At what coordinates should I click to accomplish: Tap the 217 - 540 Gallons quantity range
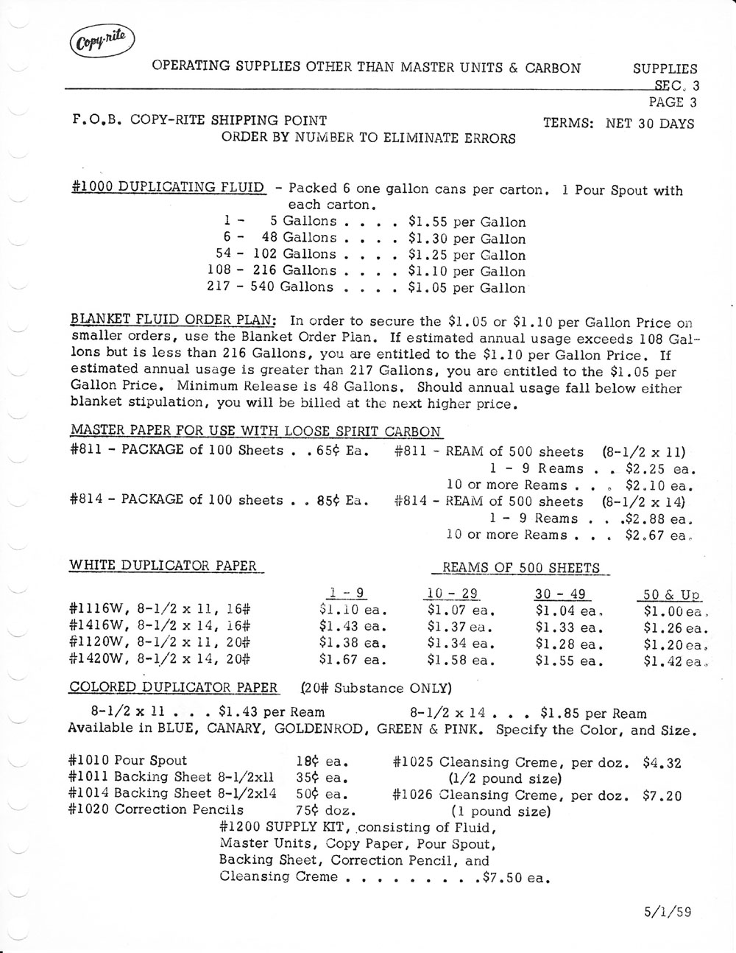tap(270, 287)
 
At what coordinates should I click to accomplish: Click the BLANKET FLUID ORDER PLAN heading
tap(173, 321)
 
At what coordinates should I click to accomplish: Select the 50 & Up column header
tap(667, 595)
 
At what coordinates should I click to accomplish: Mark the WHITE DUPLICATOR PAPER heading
tap(163, 566)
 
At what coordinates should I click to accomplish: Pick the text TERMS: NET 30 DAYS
tap(618, 123)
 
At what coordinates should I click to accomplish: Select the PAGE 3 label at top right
tap(672, 102)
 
